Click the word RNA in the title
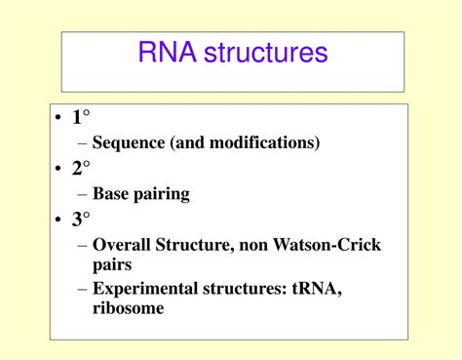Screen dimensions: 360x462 (x=168, y=53)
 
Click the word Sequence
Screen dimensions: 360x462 (x=130, y=143)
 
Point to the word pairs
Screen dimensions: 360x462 (x=112, y=263)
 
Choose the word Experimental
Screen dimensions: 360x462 (x=142, y=289)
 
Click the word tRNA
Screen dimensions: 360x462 (x=314, y=288)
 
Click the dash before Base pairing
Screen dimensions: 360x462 (x=82, y=194)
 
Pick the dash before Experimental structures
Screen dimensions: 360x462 (x=82, y=288)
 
